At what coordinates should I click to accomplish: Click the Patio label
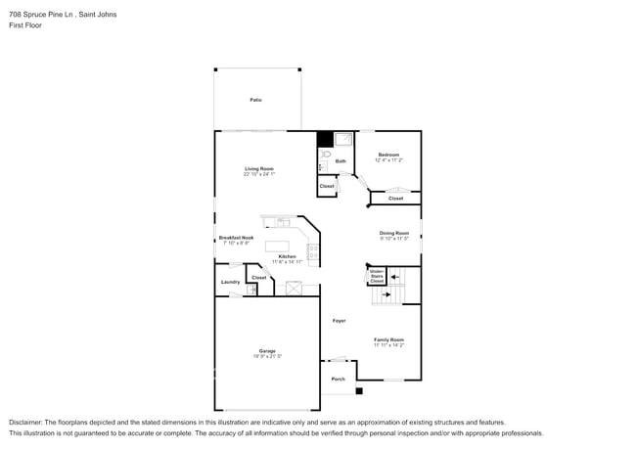pos(255,100)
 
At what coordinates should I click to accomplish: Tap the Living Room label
pos(259,168)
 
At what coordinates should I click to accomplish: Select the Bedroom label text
pos(388,155)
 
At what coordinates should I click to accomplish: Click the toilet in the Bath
pos(327,155)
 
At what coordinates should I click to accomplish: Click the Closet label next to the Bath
pos(327,186)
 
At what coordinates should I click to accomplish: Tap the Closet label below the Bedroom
pos(395,199)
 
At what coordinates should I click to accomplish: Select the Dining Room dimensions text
pos(394,239)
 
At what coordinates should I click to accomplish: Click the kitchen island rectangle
pos(279,246)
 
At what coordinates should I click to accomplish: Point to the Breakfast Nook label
pos(233,238)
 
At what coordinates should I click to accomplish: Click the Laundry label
pos(230,283)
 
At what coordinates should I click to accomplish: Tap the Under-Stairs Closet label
pos(377,277)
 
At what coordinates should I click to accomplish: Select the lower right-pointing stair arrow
pos(386,292)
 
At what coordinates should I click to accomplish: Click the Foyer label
pos(339,320)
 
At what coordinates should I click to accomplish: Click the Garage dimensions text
pos(267,356)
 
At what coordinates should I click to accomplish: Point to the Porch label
pos(338,379)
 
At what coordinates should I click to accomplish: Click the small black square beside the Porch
pos(359,391)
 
